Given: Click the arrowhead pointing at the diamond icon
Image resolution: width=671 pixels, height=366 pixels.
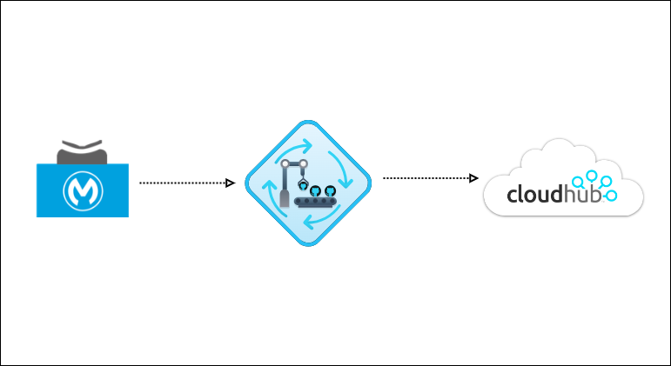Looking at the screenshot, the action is (x=231, y=183).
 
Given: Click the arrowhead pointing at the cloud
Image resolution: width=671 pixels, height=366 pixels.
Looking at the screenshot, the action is (x=474, y=178).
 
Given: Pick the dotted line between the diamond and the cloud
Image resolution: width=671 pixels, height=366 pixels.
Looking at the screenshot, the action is (x=426, y=178).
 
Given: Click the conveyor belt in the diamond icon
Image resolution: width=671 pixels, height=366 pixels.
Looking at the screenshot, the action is (x=318, y=203).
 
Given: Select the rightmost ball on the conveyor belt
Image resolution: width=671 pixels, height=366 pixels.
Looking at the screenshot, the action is (x=331, y=191).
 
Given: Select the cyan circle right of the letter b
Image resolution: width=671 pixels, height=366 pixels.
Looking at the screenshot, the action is (x=612, y=196).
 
